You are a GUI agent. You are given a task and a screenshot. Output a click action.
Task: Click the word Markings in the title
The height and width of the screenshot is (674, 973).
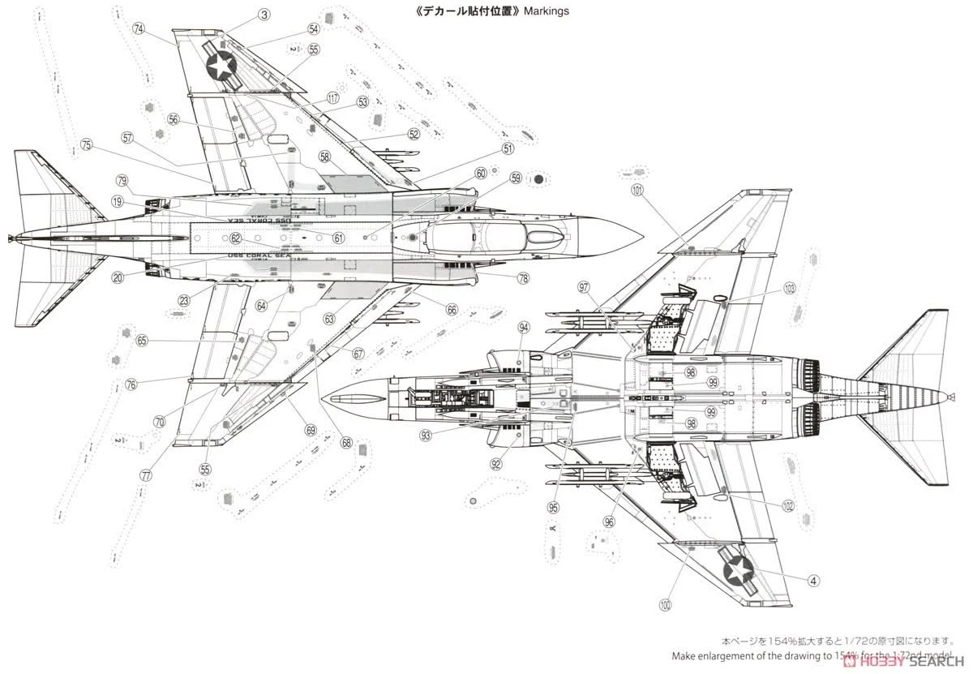[547, 11]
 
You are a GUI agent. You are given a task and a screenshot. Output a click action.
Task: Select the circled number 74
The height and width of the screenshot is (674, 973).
[139, 29]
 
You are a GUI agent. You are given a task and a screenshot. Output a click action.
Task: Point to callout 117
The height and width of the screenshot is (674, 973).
[332, 97]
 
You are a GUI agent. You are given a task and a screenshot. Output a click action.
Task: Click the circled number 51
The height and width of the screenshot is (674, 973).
[508, 149]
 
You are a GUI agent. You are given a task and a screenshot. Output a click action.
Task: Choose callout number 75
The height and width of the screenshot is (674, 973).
[87, 145]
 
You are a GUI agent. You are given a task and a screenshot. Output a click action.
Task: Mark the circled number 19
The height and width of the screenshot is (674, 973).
[118, 202]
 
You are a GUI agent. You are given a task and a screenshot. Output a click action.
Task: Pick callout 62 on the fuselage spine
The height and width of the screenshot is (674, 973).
[235, 238]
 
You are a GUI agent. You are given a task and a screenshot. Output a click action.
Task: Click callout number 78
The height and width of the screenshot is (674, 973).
[523, 278]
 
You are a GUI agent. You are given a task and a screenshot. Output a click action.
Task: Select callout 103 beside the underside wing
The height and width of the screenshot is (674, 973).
[790, 289]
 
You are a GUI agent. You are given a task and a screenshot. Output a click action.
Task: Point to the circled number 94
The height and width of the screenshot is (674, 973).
[524, 328]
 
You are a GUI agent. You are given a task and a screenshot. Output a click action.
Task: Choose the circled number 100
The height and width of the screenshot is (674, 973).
[665, 604]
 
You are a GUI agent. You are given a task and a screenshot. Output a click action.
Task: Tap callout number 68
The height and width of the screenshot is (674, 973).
[346, 443]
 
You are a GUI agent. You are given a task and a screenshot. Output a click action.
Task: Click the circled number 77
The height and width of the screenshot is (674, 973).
[145, 475]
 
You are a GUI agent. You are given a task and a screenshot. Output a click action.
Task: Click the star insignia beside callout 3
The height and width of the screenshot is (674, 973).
[221, 64]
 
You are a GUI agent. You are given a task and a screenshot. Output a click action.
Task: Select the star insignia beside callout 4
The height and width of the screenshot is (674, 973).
[739, 571]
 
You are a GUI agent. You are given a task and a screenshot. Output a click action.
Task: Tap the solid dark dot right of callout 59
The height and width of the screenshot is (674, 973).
[538, 178]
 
